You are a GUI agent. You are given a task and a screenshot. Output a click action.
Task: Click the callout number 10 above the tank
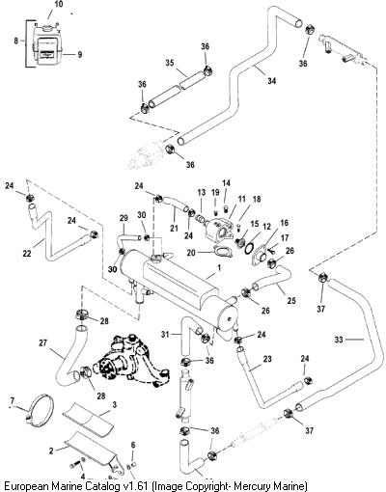pos(59,5)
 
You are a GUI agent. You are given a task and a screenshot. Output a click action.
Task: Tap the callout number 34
pos(272,80)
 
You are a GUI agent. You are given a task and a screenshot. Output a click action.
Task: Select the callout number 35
pos(170,63)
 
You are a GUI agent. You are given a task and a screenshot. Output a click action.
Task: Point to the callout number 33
pos(339,340)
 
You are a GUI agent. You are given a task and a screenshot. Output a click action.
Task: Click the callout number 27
pos(42,343)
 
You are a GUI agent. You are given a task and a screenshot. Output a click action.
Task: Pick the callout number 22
pos(27,254)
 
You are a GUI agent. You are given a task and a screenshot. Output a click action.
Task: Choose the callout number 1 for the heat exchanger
pos(219,267)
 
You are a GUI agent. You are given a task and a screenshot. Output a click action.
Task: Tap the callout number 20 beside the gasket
pos(191,253)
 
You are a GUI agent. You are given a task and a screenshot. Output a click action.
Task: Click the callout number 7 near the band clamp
pos(13,400)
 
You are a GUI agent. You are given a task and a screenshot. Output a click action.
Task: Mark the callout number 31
pos(165,335)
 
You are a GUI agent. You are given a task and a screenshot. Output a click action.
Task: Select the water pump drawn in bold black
pos(130,360)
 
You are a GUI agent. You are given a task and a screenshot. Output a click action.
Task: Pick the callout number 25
pos(291,301)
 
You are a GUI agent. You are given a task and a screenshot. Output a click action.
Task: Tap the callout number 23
pos(267,359)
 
